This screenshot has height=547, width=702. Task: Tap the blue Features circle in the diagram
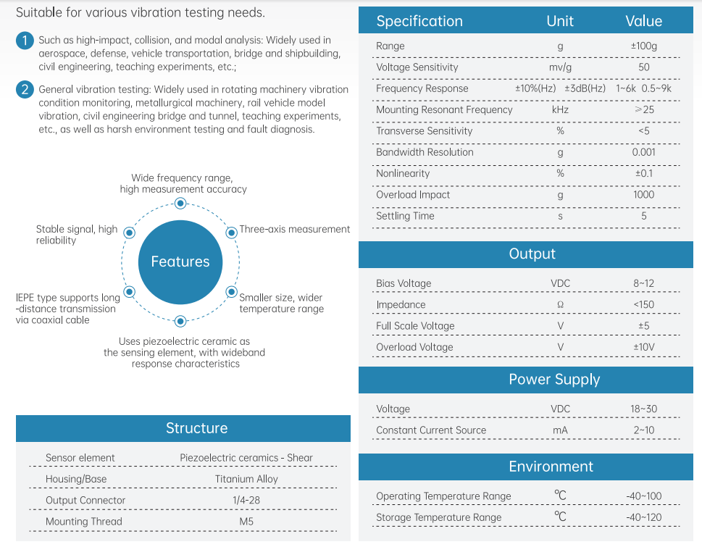[x=180, y=262]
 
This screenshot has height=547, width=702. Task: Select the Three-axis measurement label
[x=294, y=229]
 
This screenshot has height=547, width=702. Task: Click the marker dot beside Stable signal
[x=129, y=233]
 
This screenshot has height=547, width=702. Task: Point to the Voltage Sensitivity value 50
[x=643, y=67]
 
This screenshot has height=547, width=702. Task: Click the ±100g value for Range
[x=643, y=46]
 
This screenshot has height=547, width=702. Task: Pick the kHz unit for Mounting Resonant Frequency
[x=560, y=110]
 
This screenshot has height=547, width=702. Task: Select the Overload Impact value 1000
[x=643, y=195]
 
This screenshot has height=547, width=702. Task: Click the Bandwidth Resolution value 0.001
[x=643, y=152]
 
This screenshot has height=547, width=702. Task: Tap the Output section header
[x=532, y=254]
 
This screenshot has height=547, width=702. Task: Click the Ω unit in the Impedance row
[x=560, y=305]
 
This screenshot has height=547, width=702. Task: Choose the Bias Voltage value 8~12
[x=643, y=283]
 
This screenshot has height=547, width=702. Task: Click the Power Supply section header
[x=554, y=380]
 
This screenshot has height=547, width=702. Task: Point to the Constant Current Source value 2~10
[x=643, y=430]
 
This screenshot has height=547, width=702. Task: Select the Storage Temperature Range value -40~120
[x=643, y=518]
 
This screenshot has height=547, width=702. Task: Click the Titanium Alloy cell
[x=246, y=479]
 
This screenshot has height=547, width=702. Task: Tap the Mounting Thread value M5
[x=246, y=522]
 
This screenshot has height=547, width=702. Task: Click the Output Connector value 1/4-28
[x=246, y=501]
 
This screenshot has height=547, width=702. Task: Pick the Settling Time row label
[x=405, y=216]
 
